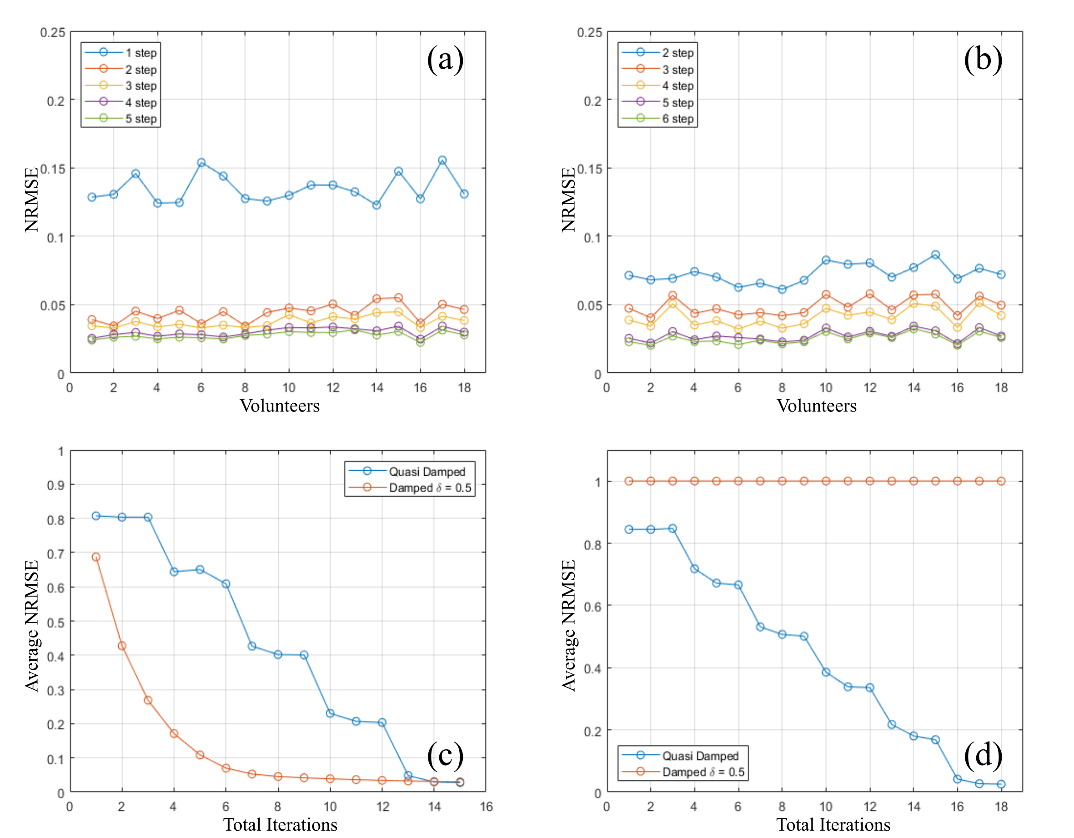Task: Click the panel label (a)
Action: pyautogui.click(x=445, y=60)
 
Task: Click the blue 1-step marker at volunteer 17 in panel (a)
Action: pyautogui.click(x=442, y=161)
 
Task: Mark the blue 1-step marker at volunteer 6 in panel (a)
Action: pyautogui.click(x=201, y=163)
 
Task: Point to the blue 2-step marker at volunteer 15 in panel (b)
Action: pyautogui.click(x=935, y=255)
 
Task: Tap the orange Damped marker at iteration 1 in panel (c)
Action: pyautogui.click(x=96, y=557)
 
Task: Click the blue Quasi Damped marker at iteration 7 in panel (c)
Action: pyautogui.click(x=252, y=646)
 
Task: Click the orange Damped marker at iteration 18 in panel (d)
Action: pyautogui.click(x=1001, y=481)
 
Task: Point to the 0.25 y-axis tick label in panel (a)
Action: pyautogui.click(x=53, y=32)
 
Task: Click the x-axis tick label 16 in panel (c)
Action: pyautogui.click(x=487, y=807)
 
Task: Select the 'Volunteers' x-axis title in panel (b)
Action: pyautogui.click(x=816, y=406)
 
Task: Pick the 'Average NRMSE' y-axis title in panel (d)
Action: pyautogui.click(x=568, y=626)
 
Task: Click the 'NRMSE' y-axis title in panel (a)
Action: pyautogui.click(x=31, y=200)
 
